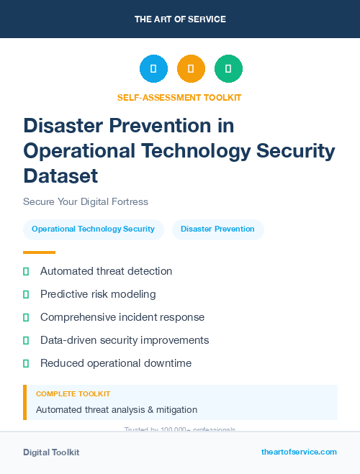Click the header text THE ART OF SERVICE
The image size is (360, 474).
pos(180,19)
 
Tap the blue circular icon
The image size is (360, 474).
pos(153,69)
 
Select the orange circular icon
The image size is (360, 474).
pos(191,69)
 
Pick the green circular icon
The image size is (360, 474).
pos(228,69)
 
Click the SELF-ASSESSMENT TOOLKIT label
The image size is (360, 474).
pos(179,97)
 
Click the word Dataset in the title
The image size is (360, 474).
pos(60,175)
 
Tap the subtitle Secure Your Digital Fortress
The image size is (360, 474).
pos(85,201)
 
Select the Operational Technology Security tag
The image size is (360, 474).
pos(93,229)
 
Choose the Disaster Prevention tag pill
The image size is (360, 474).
pos(217,229)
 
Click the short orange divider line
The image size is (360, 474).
pos(39,252)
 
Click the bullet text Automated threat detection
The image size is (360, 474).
pos(106,271)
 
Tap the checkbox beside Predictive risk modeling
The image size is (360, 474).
pos(26,294)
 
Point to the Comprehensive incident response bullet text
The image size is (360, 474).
pos(122,317)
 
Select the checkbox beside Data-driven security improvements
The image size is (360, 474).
pos(26,340)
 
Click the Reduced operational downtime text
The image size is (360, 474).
pos(116,363)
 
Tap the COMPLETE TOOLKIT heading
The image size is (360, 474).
pos(73,394)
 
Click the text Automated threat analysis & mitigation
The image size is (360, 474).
pos(117,409)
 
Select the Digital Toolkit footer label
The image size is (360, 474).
pos(51,452)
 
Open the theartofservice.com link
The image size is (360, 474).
pos(299,452)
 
